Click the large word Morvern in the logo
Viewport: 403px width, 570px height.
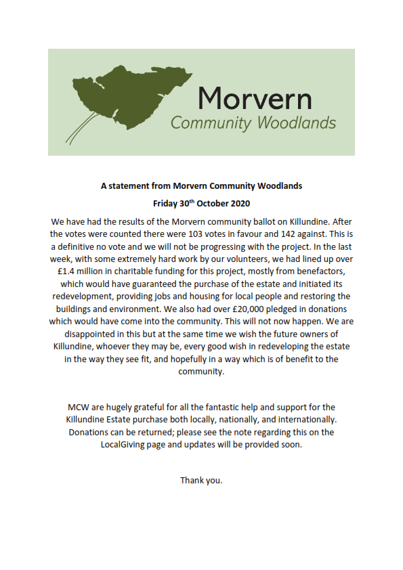click(255, 99)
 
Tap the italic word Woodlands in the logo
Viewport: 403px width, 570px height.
click(299, 123)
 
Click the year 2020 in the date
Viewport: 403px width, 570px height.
click(238, 202)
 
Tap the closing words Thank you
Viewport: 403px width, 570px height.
click(201, 480)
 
